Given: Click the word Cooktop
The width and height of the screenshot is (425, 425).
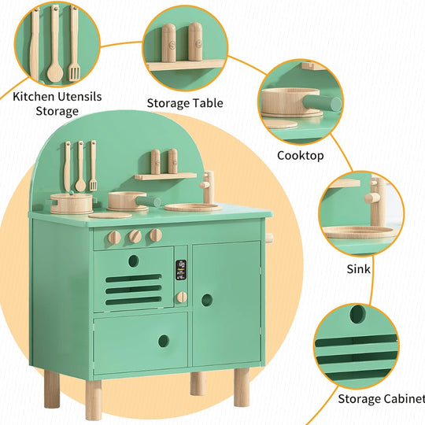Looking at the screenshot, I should (x=300, y=156).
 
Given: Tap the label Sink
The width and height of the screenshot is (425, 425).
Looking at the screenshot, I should (x=359, y=269).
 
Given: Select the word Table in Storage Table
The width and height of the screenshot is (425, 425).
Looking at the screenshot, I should (x=208, y=103).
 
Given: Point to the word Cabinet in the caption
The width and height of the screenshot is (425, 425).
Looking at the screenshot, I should (x=405, y=399).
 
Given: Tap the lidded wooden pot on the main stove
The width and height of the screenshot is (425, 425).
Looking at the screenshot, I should (x=68, y=204).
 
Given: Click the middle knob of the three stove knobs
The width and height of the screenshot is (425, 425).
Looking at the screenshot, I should (x=135, y=236).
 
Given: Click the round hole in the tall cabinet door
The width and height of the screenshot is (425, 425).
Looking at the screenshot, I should (x=207, y=300).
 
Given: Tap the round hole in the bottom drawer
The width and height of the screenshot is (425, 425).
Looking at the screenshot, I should (x=163, y=341).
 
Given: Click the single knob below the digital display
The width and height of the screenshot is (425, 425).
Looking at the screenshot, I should (x=182, y=297).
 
